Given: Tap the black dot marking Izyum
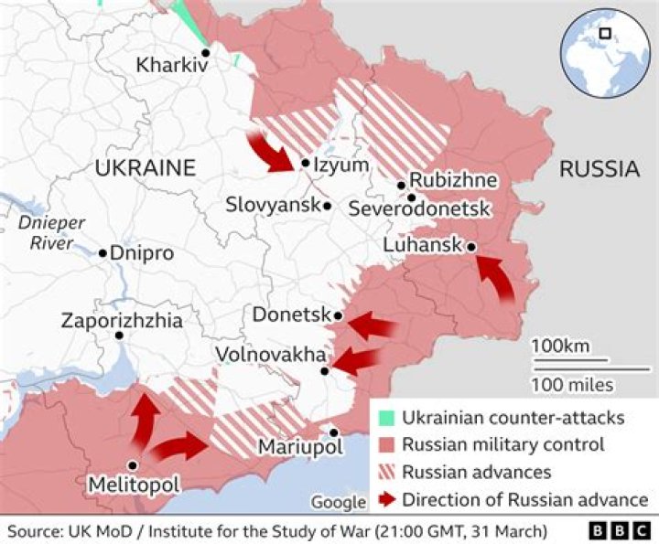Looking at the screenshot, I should point(305,165).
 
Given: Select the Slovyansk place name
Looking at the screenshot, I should point(273,206).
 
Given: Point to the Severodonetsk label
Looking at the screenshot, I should point(420,210).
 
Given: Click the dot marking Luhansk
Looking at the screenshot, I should point(470,247).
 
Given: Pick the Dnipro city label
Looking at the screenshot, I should point(142,253).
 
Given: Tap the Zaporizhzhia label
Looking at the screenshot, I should point(122,321).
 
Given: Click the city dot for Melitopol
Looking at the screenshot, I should point(134,465).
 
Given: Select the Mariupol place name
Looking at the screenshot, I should point(299,447).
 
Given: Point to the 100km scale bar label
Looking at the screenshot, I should point(560,347).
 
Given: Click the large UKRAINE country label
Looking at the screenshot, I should point(146,168).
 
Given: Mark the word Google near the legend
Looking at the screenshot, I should point(338,502).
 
